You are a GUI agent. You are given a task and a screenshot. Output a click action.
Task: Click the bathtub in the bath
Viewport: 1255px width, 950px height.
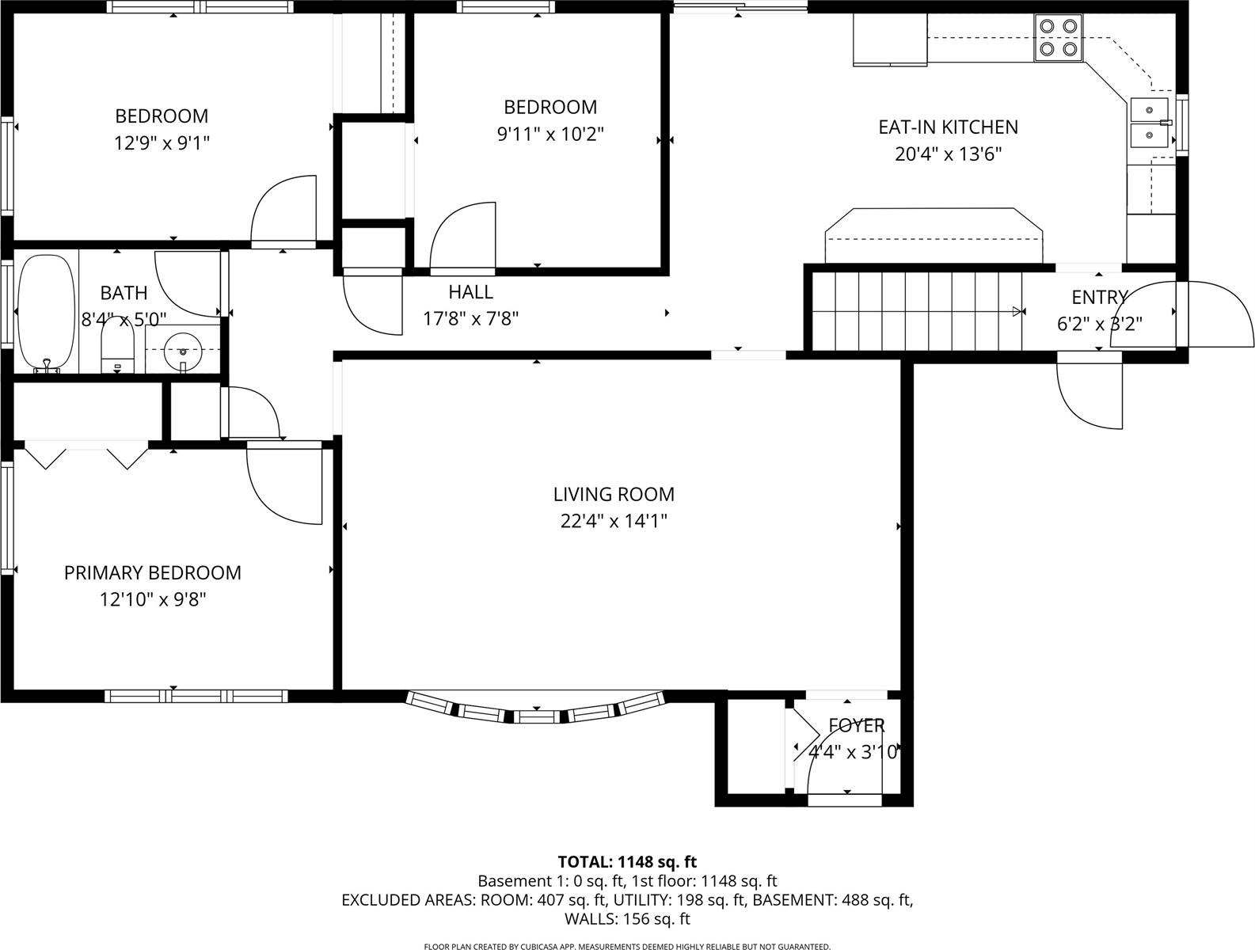pos(46,313)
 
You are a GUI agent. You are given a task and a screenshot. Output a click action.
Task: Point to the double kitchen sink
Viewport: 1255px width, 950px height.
pos(1149,123)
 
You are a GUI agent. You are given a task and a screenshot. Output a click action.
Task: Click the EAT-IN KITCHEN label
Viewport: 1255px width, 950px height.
pos(948,127)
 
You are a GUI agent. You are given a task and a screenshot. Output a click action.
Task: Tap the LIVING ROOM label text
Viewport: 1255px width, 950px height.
pos(614,494)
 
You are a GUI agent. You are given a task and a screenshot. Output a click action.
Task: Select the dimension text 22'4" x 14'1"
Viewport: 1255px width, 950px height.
pos(614,521)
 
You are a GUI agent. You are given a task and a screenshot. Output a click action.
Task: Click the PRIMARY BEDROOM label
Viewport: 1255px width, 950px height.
pos(152,572)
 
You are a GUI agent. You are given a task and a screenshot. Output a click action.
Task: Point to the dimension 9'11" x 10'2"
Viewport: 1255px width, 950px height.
pos(550,134)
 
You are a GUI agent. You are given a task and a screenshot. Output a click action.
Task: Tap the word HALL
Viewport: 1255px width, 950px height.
pos(471,292)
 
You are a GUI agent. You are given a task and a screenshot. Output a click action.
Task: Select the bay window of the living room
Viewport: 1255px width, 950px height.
pos(536,710)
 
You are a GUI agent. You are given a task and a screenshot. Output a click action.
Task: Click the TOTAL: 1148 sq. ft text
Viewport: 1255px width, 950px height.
pos(627,861)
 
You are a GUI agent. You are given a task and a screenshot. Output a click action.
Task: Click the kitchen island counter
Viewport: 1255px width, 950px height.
pos(934,237)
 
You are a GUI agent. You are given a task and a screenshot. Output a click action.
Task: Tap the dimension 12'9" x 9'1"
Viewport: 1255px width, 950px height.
pos(162,143)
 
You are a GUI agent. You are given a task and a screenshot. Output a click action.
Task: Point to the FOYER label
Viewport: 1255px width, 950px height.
pos(856,725)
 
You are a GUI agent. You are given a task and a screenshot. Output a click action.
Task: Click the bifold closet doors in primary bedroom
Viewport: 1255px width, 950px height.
pos(86,456)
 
